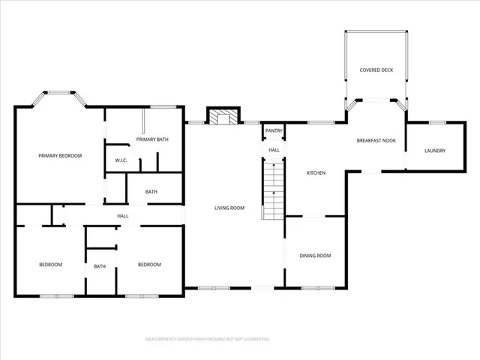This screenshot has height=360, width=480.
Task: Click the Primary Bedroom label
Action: click(x=60, y=155)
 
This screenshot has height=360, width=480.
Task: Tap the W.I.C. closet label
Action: click(x=121, y=160)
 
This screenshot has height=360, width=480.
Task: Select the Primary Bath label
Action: click(x=150, y=139)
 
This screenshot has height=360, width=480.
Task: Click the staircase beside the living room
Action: click(x=274, y=191)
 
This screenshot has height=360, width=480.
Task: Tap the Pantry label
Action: click(x=274, y=131)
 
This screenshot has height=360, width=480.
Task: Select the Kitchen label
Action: click(x=316, y=173)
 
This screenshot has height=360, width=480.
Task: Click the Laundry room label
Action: click(x=434, y=151)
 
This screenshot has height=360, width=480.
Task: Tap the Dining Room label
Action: click(x=315, y=256)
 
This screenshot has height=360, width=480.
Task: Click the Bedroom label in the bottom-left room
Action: click(x=50, y=264)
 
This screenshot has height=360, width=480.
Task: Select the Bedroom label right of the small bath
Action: click(x=149, y=264)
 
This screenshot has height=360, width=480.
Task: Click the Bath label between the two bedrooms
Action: click(x=100, y=266)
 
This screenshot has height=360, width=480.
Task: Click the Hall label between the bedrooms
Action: click(x=122, y=216)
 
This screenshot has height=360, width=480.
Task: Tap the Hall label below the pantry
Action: click(x=274, y=150)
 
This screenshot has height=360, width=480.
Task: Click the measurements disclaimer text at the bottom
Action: click(x=207, y=340)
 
